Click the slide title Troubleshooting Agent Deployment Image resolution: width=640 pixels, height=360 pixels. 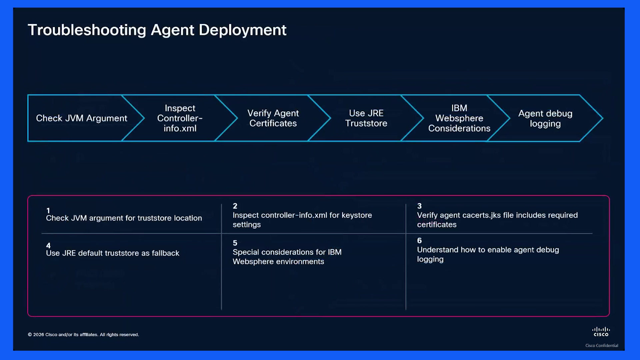click(157, 30)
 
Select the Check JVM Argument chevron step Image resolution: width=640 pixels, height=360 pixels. click(82, 118)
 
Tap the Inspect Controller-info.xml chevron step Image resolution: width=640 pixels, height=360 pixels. click(180, 118)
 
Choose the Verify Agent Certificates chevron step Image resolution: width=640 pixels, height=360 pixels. click(273, 118)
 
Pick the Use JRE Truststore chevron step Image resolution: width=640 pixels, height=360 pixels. click(366, 118)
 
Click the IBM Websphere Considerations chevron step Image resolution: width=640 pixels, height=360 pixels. click(459, 118)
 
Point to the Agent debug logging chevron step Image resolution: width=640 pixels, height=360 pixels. click(545, 118)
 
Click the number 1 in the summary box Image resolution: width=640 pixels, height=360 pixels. click(48, 210)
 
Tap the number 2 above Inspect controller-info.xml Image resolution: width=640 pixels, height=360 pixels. click(235, 206)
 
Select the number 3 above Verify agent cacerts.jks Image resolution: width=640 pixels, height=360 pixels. click(419, 206)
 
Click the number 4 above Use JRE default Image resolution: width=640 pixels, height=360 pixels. click(48, 245)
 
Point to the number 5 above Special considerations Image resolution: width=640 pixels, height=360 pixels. click(235, 243)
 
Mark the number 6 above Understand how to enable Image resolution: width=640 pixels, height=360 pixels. click(419, 240)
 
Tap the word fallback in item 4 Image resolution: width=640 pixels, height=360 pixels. click(165, 253)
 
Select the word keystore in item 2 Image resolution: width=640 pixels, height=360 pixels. click(357, 215)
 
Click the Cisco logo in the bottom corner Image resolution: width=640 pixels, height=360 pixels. click(601, 332)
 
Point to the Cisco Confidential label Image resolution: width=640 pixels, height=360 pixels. click(602, 345)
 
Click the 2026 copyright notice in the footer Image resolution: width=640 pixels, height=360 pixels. click(83, 335)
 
